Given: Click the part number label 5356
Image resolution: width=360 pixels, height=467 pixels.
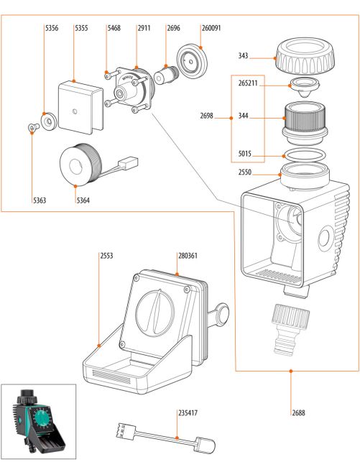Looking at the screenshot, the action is (x=52, y=28).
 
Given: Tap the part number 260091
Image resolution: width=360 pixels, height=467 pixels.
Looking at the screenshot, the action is (x=211, y=28).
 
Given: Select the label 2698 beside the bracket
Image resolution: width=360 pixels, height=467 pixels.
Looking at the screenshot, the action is (x=207, y=116).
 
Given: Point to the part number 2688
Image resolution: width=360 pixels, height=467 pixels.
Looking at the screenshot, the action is (x=298, y=413).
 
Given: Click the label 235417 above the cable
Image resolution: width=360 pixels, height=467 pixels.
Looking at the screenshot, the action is (x=188, y=413).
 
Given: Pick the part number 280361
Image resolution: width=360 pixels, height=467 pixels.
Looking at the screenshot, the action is (x=188, y=256).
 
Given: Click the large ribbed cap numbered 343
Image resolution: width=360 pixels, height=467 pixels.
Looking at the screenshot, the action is (x=305, y=56).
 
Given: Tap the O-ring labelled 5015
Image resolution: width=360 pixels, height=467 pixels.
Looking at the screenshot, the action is (x=305, y=156).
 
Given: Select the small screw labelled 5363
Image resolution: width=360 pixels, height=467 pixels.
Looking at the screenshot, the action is (x=34, y=127).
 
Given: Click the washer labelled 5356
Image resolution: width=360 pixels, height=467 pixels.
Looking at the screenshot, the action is (x=49, y=121).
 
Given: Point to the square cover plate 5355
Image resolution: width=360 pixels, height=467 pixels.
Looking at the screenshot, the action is (x=80, y=108).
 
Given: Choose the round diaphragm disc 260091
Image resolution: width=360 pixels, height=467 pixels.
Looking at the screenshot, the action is (x=192, y=61).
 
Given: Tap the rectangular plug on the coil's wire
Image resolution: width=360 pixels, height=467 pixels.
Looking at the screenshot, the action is (x=129, y=163).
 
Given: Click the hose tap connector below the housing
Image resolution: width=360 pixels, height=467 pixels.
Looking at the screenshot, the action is (x=290, y=329).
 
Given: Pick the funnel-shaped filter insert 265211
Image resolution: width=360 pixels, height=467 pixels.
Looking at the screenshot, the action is (x=305, y=87).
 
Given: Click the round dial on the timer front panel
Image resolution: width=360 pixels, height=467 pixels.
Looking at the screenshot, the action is (x=154, y=312).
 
